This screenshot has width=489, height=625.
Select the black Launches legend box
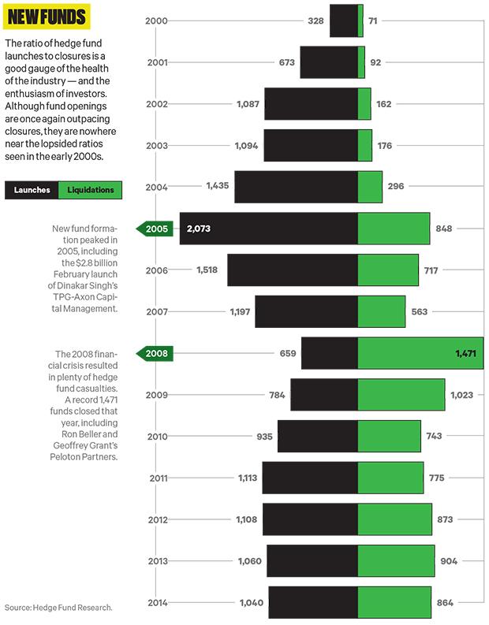(32, 190)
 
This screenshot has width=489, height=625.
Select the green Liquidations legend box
(90, 190)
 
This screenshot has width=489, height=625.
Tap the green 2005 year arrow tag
(155, 229)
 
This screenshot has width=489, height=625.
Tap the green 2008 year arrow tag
(155, 353)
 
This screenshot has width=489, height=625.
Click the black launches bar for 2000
(343, 20)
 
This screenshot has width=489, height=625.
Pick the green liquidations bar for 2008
(420, 353)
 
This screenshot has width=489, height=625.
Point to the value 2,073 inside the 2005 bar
(198, 229)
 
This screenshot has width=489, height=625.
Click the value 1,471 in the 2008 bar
(466, 354)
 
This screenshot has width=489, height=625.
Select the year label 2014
(157, 603)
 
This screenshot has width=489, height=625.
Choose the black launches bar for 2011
(310, 478)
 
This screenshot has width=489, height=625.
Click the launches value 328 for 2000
(315, 20)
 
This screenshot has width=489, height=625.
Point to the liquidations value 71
(373, 20)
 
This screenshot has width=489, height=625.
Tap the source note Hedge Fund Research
(58, 608)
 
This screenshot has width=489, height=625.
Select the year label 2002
(157, 104)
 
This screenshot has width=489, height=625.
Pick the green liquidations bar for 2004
(370, 187)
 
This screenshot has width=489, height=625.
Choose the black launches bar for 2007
(306, 312)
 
